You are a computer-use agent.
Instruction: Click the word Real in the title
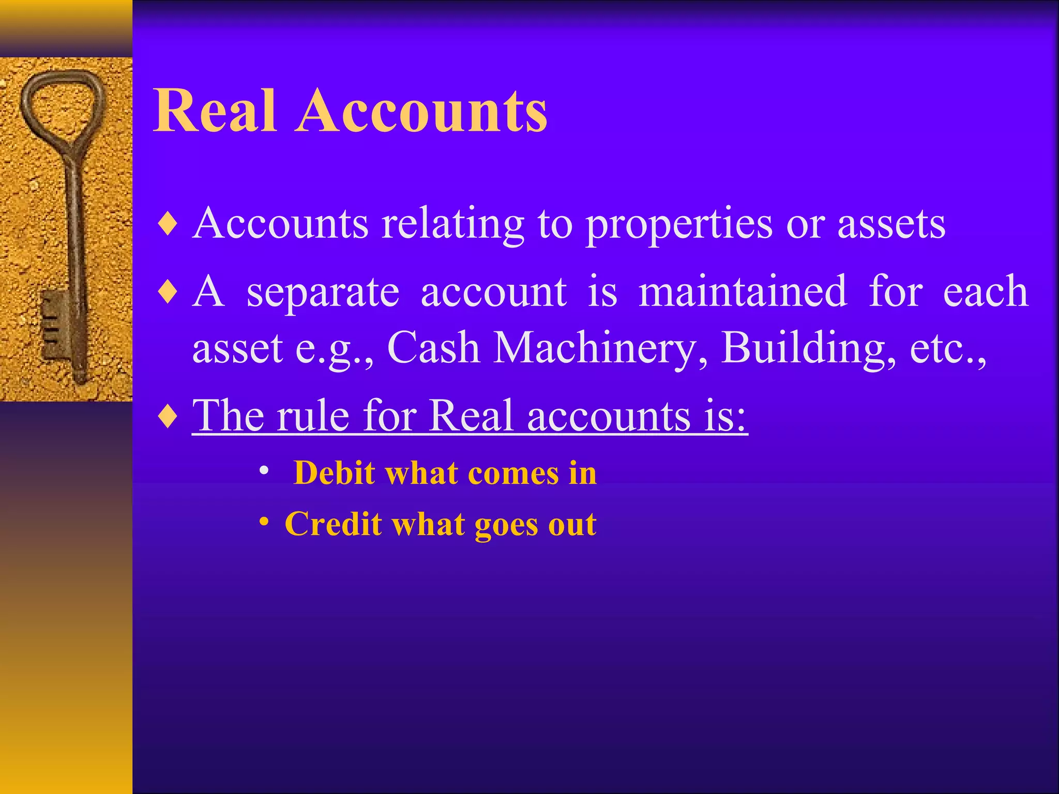click(214, 111)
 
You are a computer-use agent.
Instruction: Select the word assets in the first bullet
click(891, 224)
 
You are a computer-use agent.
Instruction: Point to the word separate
click(323, 292)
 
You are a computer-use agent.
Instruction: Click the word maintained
click(743, 292)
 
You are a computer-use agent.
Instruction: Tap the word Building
click(808, 348)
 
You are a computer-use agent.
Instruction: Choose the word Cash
click(433, 348)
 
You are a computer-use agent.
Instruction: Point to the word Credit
click(333, 524)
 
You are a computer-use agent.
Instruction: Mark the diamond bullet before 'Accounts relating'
click(169, 225)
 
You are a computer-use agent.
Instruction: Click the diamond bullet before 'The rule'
click(169, 416)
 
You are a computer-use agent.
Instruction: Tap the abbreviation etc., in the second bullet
click(948, 348)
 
